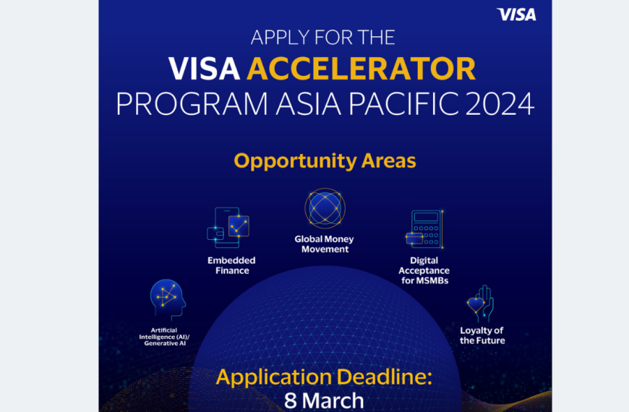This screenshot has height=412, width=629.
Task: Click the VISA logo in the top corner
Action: point(516,14)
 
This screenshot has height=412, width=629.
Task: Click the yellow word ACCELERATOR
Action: point(361,69)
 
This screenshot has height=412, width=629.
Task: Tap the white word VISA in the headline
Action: point(205,69)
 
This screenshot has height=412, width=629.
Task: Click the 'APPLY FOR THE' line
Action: point(325,38)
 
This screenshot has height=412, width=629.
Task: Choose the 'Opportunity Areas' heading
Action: point(325,160)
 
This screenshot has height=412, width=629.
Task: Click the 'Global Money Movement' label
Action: point(325,244)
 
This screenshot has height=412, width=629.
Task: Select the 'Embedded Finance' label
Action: point(232,265)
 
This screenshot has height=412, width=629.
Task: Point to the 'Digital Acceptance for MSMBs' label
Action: point(424,270)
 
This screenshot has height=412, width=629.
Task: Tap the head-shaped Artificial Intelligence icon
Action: point(167,299)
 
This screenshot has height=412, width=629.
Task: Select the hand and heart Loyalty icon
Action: point(481,304)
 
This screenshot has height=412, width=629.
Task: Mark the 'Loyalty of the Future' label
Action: point(482,335)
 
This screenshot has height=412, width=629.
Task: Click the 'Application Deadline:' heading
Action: point(325,378)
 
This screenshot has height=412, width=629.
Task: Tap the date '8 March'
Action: point(325,401)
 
